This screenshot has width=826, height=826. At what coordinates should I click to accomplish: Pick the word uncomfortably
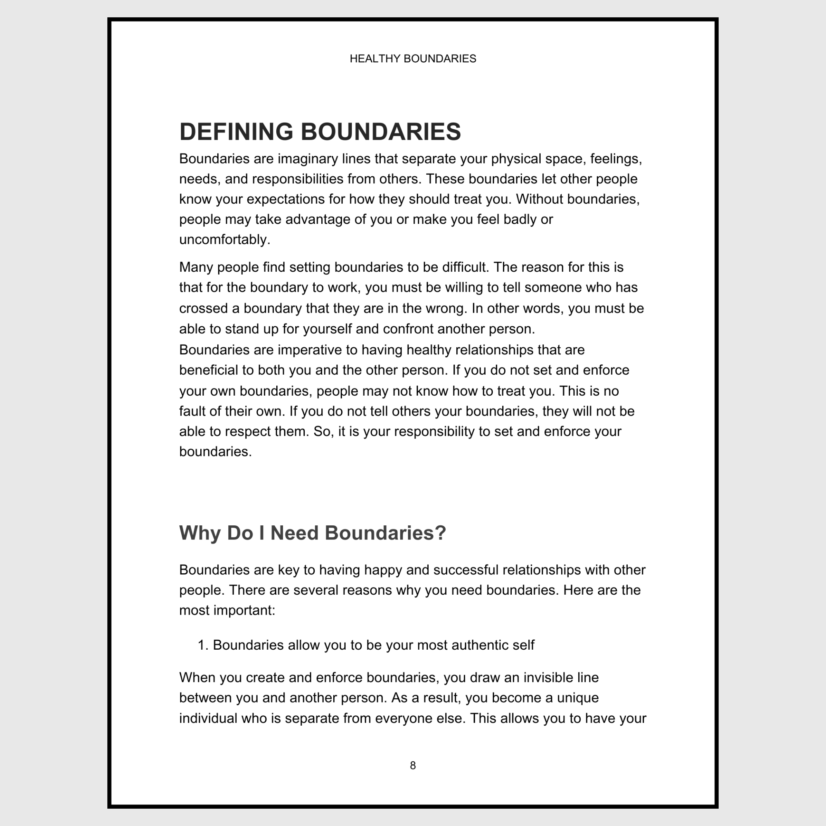[x=224, y=240]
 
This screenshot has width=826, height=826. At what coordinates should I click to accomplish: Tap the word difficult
[x=465, y=267]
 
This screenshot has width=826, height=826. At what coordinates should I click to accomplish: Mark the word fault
[x=190, y=411]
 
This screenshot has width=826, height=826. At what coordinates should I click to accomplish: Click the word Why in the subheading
[x=199, y=533]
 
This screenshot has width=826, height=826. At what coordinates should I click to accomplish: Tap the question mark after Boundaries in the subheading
[x=441, y=533]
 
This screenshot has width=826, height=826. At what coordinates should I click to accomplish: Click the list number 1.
[x=202, y=645]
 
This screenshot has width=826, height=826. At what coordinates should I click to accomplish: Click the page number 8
[x=413, y=765]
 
